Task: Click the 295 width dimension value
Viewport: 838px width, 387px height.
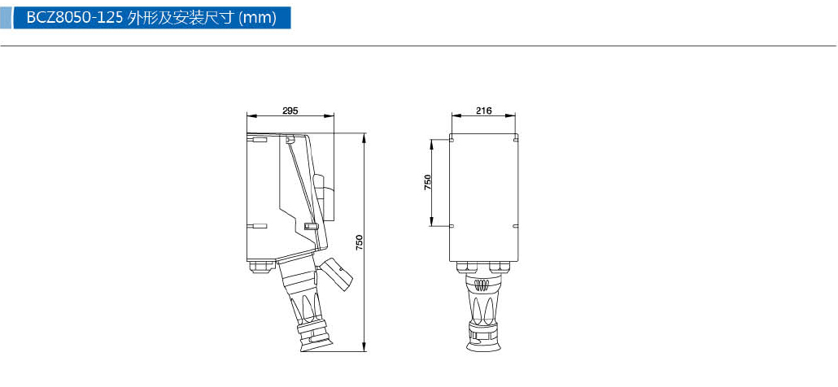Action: (290, 111)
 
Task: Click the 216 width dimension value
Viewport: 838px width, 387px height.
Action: (483, 111)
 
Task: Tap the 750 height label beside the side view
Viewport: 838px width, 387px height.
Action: (359, 242)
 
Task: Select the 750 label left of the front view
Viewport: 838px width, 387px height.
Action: (428, 183)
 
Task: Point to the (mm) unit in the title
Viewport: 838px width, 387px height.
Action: (258, 18)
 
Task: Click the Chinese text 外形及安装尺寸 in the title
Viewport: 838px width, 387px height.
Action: (181, 18)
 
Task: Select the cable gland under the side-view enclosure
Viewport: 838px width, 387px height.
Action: (262, 265)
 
